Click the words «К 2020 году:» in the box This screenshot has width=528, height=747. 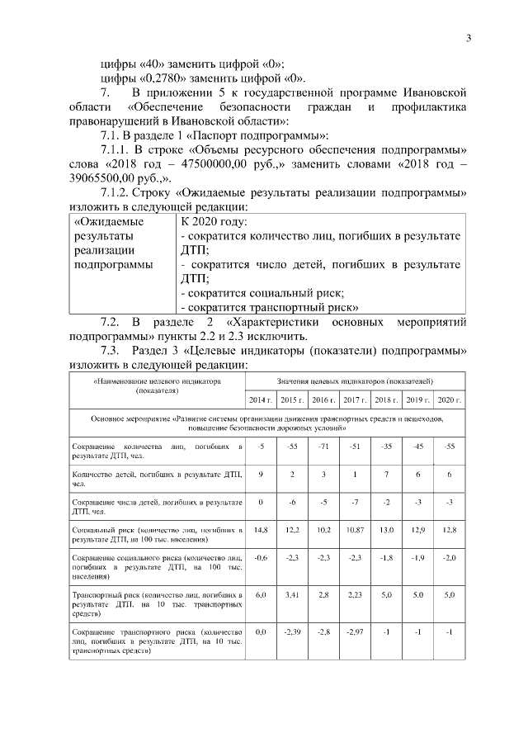pyautogui.click(x=213, y=222)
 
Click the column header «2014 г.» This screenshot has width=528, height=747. pyautogui.click(x=261, y=400)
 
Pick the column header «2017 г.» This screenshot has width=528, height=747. pyautogui.click(x=355, y=400)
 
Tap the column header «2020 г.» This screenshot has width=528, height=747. pyautogui.click(x=448, y=400)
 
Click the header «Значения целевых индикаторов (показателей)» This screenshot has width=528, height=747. pyautogui.click(x=355, y=381)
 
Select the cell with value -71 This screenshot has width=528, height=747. pyautogui.click(x=323, y=446)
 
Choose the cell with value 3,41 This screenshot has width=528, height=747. pyautogui.click(x=292, y=593)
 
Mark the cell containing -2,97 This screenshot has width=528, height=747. pyautogui.click(x=355, y=631)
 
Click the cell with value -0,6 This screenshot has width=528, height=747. pyautogui.click(x=261, y=557)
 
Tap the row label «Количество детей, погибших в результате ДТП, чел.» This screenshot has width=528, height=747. pyautogui.click(x=157, y=479)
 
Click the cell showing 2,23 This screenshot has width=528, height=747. pyautogui.click(x=355, y=593)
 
